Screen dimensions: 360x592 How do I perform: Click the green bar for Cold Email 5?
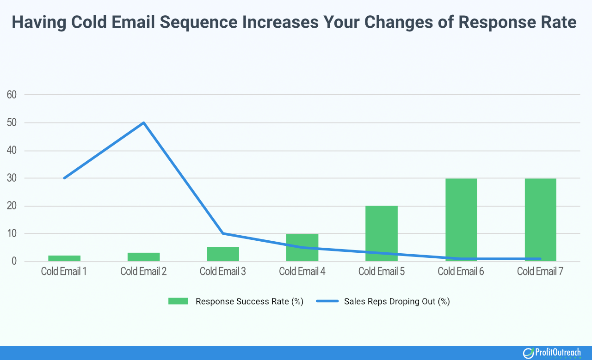click(x=382, y=233)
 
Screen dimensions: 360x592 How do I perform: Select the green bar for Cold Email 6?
click(x=461, y=220)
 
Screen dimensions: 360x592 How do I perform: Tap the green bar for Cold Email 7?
click(x=540, y=220)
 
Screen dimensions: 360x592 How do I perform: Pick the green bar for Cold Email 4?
click(x=302, y=247)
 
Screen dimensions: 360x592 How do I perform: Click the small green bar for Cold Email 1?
click(x=64, y=258)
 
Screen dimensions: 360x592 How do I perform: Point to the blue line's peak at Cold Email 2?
click(x=144, y=122)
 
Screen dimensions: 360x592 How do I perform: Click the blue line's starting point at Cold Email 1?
click(x=64, y=178)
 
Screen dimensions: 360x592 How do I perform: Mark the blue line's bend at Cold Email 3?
click(x=223, y=233)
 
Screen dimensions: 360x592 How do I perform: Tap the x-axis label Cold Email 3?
click(x=223, y=271)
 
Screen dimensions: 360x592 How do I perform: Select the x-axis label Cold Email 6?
click(x=461, y=271)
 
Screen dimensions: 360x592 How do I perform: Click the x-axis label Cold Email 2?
click(x=144, y=271)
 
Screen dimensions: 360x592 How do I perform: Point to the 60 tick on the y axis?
click(x=12, y=95)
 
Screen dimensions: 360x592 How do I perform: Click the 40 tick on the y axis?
click(x=12, y=151)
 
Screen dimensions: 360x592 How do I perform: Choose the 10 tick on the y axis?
click(x=12, y=234)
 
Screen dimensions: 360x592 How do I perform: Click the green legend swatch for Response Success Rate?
click(x=178, y=301)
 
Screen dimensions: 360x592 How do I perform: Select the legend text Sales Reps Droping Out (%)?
click(x=397, y=301)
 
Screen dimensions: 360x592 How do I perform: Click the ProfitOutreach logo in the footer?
click(x=552, y=353)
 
